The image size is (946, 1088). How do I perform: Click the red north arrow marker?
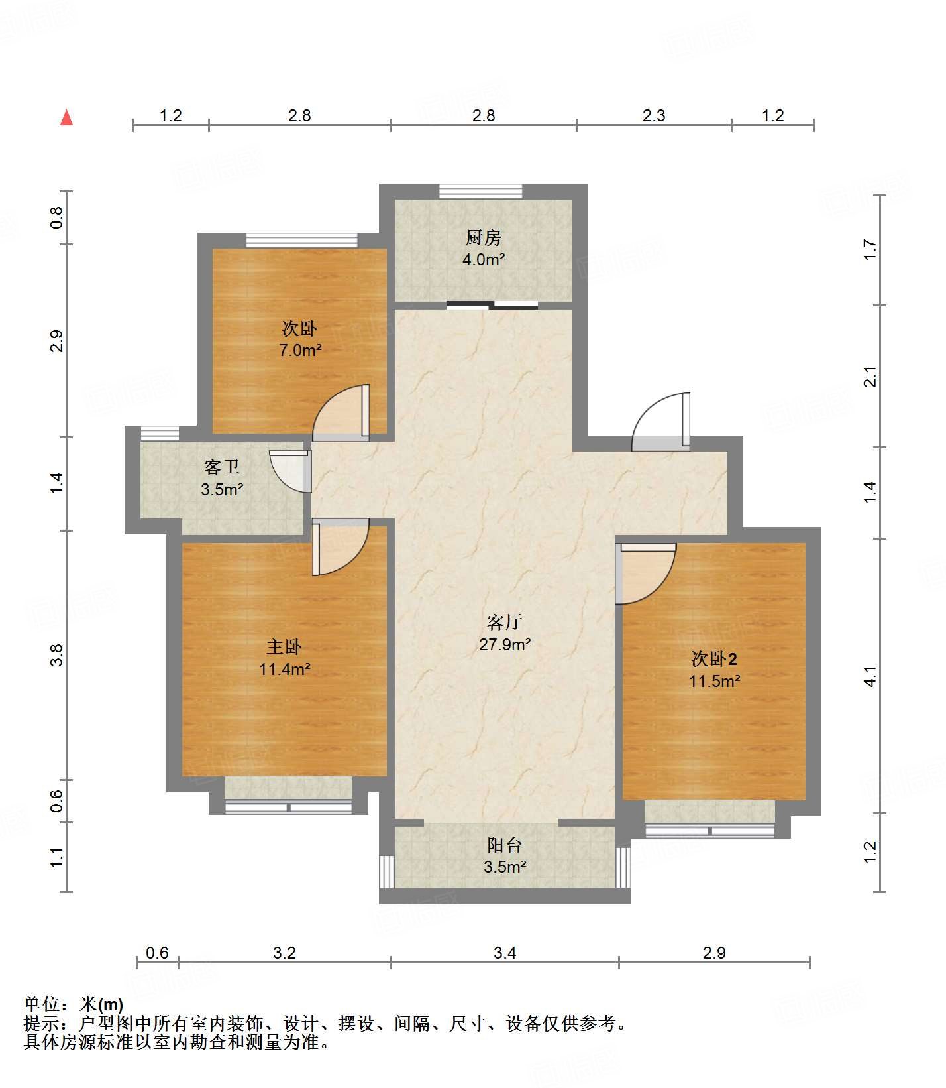pos(66,117)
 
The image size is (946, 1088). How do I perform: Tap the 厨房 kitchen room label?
pos(483,237)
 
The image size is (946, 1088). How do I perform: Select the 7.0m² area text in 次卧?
pos(300,350)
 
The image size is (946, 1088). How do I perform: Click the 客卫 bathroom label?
pos(221,467)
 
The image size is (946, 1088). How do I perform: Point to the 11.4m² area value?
pos(285,669)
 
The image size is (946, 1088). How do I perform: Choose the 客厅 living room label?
pos(505,622)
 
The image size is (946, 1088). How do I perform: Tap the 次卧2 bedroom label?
pos(713,658)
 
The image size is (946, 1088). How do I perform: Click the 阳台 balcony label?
pos(505,845)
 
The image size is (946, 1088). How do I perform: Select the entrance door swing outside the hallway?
pos(659,422)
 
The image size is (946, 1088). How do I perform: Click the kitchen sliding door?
pos(492,305)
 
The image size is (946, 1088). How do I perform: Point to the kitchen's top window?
pos(481,192)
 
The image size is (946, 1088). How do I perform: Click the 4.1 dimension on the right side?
pos(870,676)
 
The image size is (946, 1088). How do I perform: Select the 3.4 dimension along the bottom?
pos(505,953)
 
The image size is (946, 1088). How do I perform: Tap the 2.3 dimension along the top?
pos(653,115)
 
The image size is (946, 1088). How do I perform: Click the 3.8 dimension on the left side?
pos(57,655)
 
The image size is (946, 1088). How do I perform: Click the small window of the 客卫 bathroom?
pos(160,433)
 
